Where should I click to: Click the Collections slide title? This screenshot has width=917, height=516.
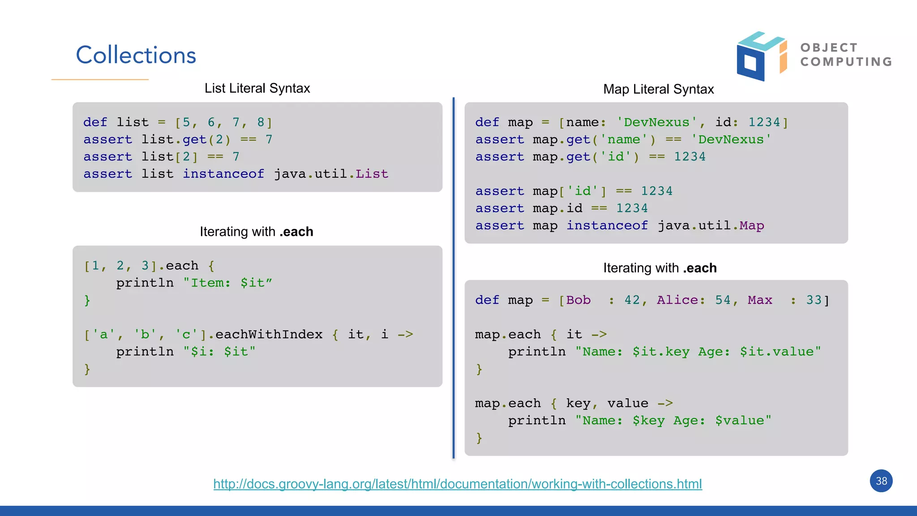pos(136,55)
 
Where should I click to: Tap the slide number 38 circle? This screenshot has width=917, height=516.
pos(881,481)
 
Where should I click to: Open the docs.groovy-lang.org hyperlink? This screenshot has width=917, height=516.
pos(457,484)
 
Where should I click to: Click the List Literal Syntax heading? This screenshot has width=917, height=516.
pos(257,88)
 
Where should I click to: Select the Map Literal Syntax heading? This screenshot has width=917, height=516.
pos(658,89)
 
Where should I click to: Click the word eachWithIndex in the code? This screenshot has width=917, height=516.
pos(269,334)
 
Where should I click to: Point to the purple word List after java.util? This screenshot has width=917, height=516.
pos(372,174)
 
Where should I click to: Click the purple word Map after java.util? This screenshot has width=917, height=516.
pos(751,226)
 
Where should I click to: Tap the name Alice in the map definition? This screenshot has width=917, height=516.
pos(677,300)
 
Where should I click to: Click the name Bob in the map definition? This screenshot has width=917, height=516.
pos(578,300)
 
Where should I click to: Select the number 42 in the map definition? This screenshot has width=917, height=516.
pos(632,300)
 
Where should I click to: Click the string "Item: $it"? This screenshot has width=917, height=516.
pos(227,283)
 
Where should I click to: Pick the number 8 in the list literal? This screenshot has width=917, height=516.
pos(261,122)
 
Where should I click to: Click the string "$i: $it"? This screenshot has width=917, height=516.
pos(219,352)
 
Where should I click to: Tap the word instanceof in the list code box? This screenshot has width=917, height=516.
pos(223,174)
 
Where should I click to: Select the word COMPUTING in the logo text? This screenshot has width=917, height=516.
pos(846,62)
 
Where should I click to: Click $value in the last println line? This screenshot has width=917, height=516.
pos(739,421)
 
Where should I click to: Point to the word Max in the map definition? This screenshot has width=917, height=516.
pos(759,300)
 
